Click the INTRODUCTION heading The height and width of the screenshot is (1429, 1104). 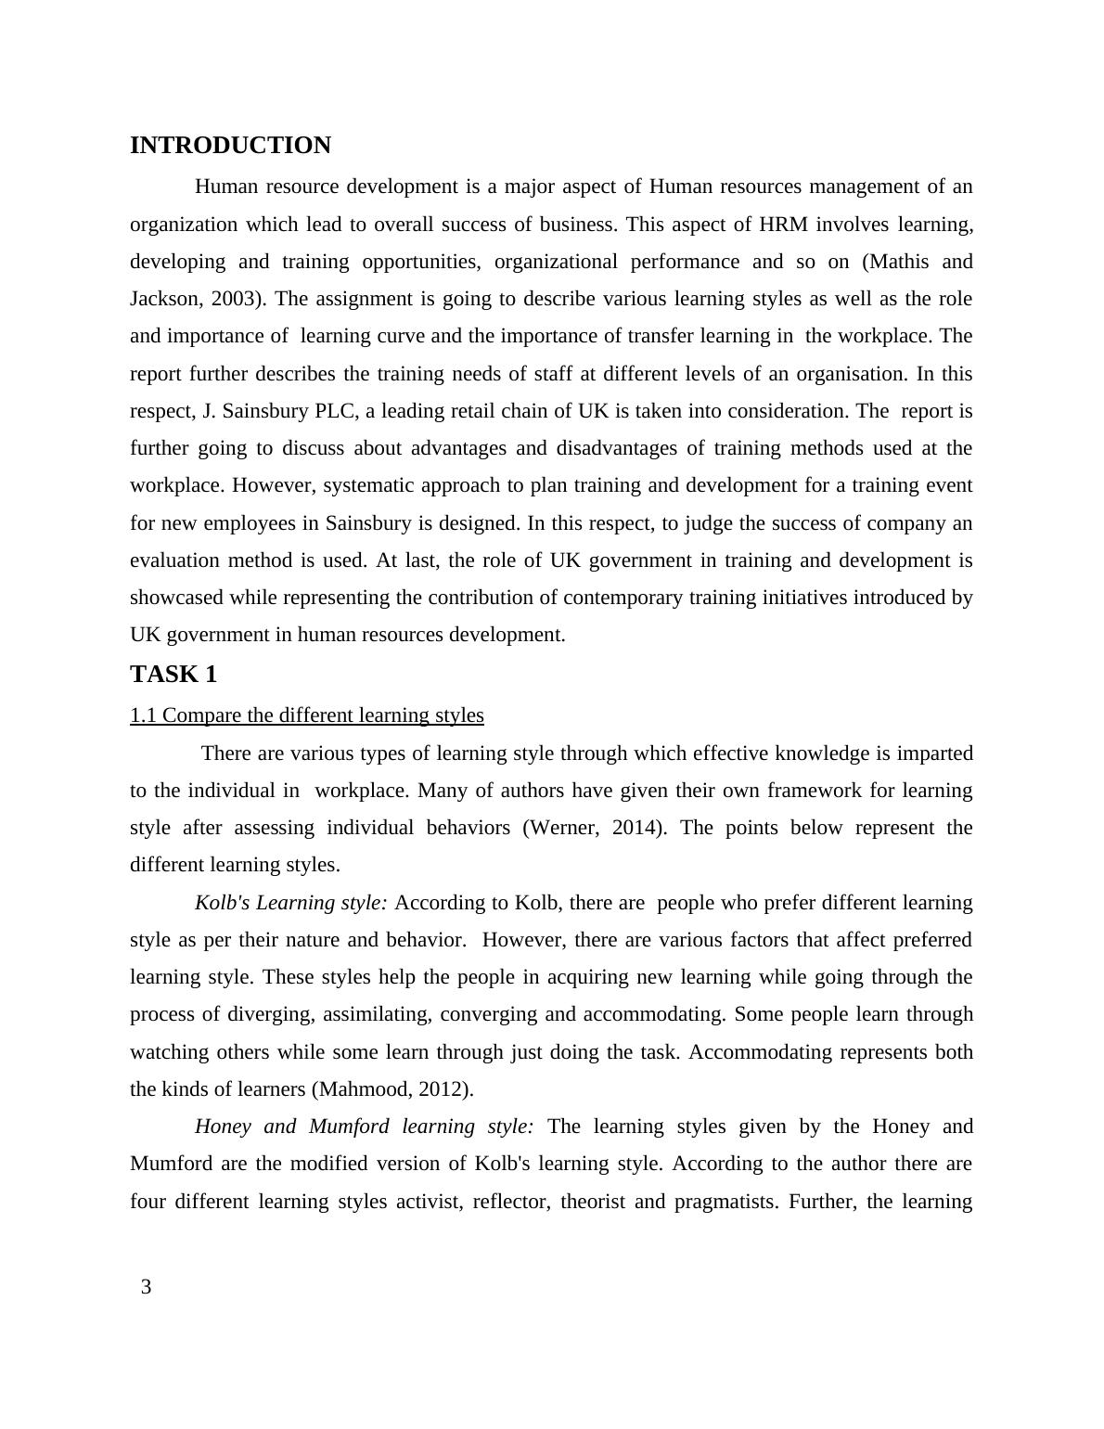tap(230, 146)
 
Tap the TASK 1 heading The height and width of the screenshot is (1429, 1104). tap(173, 675)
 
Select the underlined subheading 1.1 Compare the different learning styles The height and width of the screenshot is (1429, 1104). tap(306, 715)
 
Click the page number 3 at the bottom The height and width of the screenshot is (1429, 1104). tap(146, 1287)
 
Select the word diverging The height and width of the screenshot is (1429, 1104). tap(269, 1014)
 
